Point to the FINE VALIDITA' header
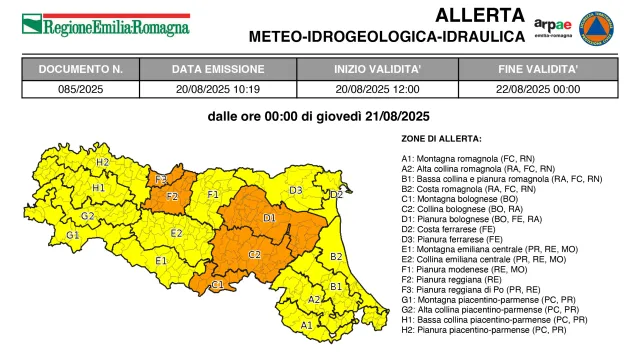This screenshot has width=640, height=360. click(x=537, y=70)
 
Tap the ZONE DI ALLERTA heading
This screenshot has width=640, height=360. click(x=441, y=138)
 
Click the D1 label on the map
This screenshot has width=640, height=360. click(x=269, y=217)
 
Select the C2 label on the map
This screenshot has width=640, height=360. click(x=254, y=254)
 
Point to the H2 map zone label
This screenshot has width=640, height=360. click(x=102, y=161)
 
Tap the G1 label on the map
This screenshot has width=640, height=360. click(x=72, y=235)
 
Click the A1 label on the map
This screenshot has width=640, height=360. click(x=307, y=325)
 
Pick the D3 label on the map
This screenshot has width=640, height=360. click(x=295, y=190)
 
